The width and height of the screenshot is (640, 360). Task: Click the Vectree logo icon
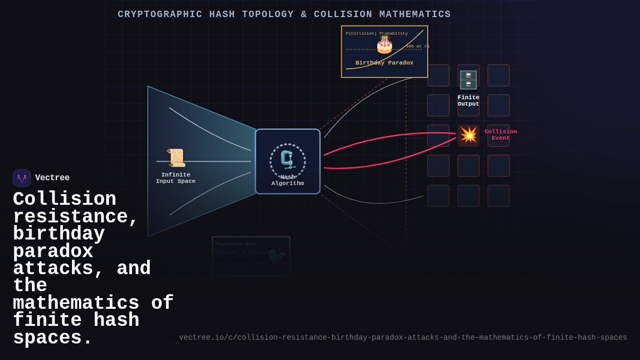pyautogui.click(x=22, y=178)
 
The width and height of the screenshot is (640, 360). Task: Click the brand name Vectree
pyautogui.click(x=52, y=178)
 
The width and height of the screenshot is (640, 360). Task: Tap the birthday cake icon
pyautogui.click(x=385, y=45)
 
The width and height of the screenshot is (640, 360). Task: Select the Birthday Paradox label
pyautogui.click(x=385, y=63)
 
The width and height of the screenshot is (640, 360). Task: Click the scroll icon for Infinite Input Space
pyautogui.click(x=175, y=158)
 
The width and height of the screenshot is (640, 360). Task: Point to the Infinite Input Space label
pyautogui.click(x=175, y=178)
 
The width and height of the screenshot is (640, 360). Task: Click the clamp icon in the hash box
pyautogui.click(x=287, y=159)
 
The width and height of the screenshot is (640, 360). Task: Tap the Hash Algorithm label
pyautogui.click(x=287, y=180)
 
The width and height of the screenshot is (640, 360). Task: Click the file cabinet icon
pyautogui.click(x=468, y=80)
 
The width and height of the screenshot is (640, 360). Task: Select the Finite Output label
pyautogui.click(x=468, y=101)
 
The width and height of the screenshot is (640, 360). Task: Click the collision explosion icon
pyautogui.click(x=469, y=135)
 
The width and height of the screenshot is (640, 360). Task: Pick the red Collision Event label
pyautogui.click(x=500, y=135)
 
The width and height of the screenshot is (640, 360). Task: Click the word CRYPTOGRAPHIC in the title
pyautogui.click(x=160, y=14)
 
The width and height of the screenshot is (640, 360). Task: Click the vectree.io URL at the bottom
pyautogui.click(x=403, y=338)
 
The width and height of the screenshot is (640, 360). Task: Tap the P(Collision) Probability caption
pyautogui.click(x=377, y=34)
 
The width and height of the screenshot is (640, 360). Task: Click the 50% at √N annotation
pyautogui.click(x=417, y=46)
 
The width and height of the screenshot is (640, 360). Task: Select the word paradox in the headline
pyautogui.click(x=53, y=252)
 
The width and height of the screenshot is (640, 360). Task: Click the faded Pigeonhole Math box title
pyautogui.click(x=236, y=244)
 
